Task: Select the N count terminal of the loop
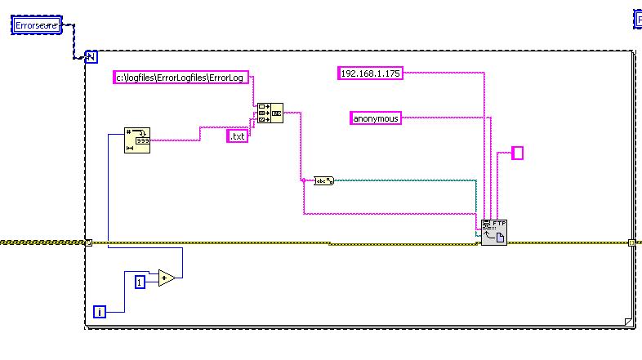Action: point(91,56)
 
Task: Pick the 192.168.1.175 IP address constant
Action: point(370,73)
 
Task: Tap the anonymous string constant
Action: point(376,118)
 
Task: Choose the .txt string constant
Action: point(238,136)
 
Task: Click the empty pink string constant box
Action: point(517,153)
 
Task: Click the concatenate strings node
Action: point(270,113)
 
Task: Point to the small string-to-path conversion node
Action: point(324,180)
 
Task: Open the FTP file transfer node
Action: point(493,232)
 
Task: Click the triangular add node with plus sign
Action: point(167,278)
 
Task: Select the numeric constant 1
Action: point(140,282)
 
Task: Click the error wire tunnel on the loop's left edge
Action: point(88,242)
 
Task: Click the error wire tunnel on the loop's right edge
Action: point(631,242)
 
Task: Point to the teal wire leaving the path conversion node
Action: point(408,178)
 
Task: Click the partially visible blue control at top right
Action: point(638,19)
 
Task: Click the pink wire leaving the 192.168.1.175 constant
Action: point(441,73)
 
